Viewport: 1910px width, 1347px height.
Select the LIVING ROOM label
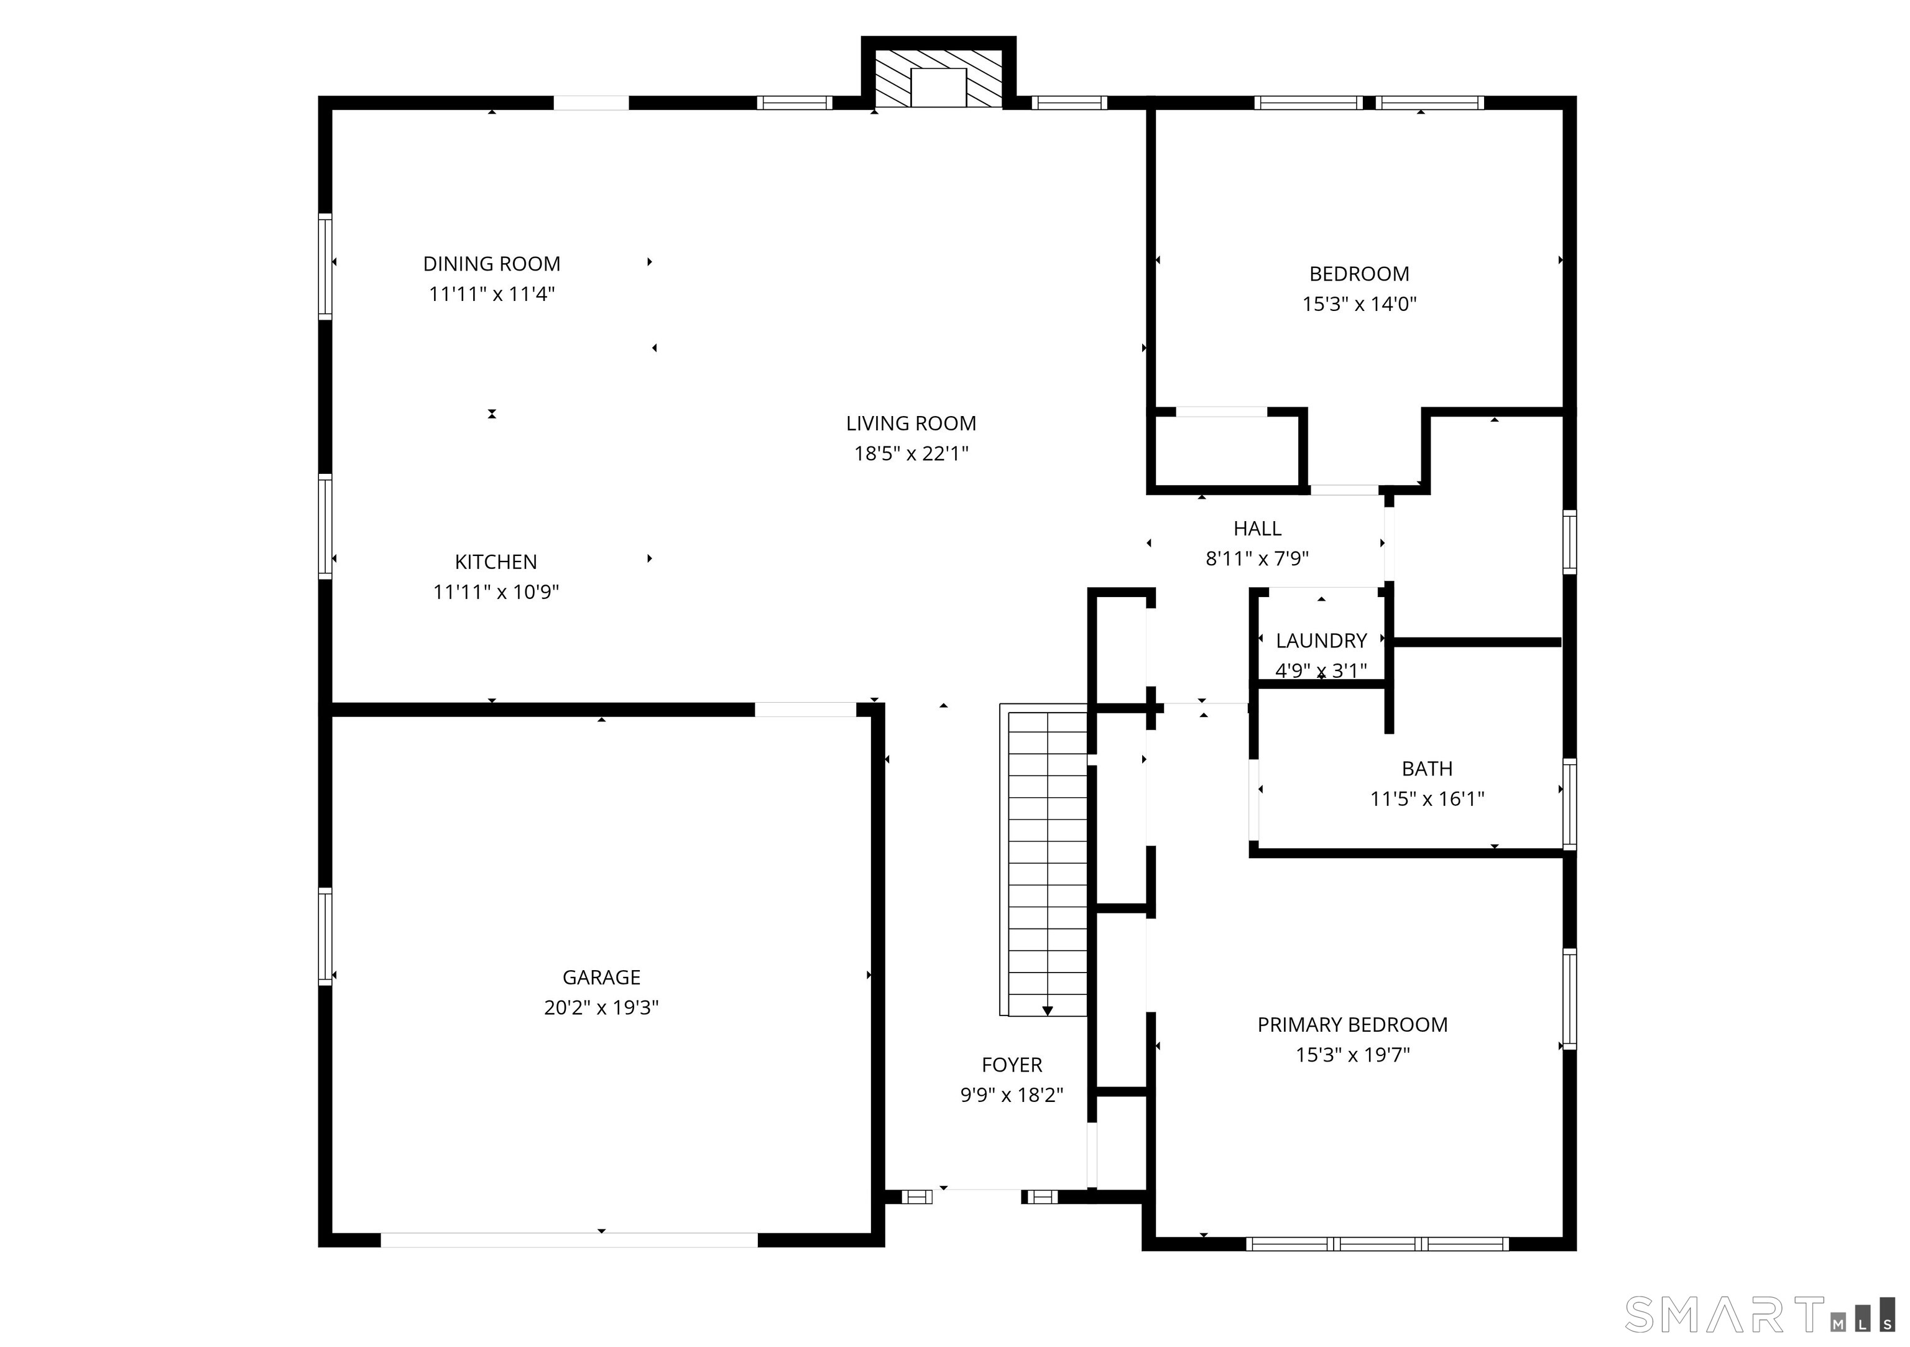(x=911, y=424)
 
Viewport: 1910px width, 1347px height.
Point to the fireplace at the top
(x=938, y=79)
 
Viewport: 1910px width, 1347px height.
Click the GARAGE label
(x=601, y=977)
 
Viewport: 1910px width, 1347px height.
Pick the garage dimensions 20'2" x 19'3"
(x=601, y=1007)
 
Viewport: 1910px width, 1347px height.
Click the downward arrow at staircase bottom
(x=1048, y=1011)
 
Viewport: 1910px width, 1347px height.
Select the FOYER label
(x=1012, y=1065)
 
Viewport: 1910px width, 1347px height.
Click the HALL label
(x=1257, y=529)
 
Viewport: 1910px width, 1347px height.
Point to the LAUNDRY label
(x=1321, y=641)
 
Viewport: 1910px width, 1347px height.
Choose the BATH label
(x=1427, y=769)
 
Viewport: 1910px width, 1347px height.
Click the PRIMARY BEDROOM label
(x=1352, y=1025)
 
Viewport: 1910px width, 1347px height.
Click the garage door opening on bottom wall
(x=569, y=1239)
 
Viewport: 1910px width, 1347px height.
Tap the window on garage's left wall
(x=325, y=936)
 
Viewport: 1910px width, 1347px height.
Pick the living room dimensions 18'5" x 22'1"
(x=911, y=454)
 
